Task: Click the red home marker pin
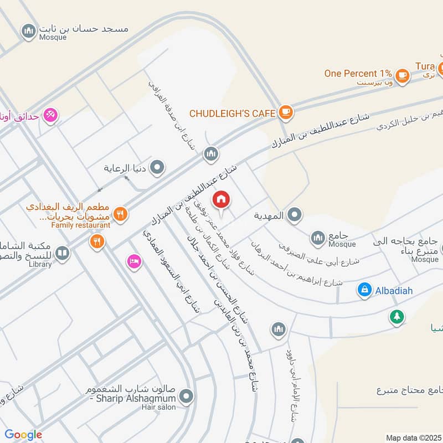(x=221, y=199)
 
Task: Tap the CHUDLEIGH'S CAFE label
(x=233, y=113)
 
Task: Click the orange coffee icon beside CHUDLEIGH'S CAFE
(x=286, y=112)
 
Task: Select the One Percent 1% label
(x=358, y=73)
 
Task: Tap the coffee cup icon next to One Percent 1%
(x=402, y=76)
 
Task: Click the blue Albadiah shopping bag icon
(x=364, y=290)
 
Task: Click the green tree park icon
(x=396, y=317)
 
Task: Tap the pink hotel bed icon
(x=133, y=261)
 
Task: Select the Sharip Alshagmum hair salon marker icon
(x=187, y=396)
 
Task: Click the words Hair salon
(x=159, y=408)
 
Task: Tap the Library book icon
(x=62, y=253)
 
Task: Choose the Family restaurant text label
(x=81, y=225)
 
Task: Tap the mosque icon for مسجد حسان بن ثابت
(x=29, y=32)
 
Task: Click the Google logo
(x=23, y=435)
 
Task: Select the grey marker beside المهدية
(x=295, y=215)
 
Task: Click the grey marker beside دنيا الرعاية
(x=158, y=167)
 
